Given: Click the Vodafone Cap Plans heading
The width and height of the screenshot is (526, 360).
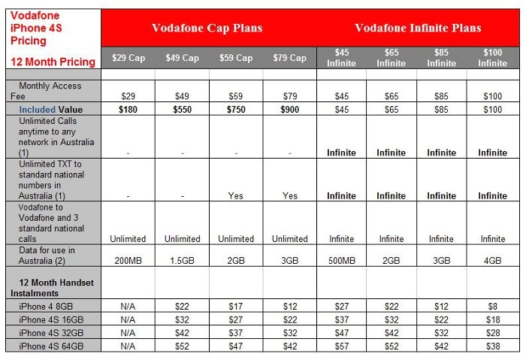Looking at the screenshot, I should [x=207, y=29].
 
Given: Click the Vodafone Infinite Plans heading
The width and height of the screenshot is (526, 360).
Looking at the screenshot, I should [x=417, y=29].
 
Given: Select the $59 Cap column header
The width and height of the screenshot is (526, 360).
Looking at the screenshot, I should [x=236, y=58].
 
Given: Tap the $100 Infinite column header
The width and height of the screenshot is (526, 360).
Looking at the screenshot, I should [x=492, y=58].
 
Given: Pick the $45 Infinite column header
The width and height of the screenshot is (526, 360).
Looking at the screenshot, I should [x=341, y=58].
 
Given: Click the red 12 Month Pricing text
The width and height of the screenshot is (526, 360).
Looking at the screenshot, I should [x=52, y=62].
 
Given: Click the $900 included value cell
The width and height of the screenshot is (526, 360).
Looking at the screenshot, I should [x=289, y=110].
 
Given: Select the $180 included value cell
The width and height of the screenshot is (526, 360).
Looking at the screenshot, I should [x=128, y=110].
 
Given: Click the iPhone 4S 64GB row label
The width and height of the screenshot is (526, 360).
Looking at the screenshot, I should [x=51, y=346].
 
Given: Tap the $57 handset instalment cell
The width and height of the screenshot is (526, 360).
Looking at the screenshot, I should [x=341, y=346].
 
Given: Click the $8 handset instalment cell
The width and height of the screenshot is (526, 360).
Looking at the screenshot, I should [x=492, y=307].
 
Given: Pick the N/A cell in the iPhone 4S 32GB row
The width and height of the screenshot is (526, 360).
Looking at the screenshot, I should [x=128, y=333].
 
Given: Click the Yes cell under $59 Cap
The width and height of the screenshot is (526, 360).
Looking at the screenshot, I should [x=236, y=195].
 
